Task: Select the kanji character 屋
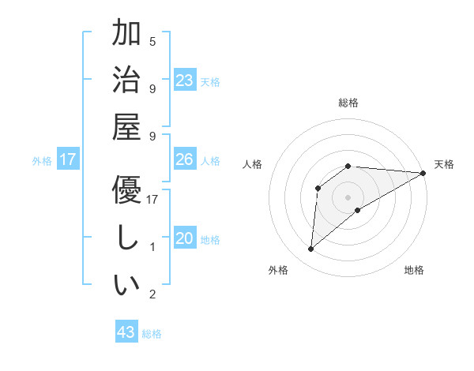[126, 129]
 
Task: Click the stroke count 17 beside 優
[153, 200]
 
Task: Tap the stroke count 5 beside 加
[152, 41]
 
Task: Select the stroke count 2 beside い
[152, 294]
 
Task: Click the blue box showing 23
[185, 81]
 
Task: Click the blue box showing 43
[126, 332]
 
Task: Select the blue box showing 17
[68, 160]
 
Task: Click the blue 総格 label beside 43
[152, 334]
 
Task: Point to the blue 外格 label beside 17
[42, 161]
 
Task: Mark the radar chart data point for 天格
[424, 173]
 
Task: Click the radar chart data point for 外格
[310, 249]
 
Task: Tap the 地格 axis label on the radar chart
[414, 270]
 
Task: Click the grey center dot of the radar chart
[348, 197]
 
